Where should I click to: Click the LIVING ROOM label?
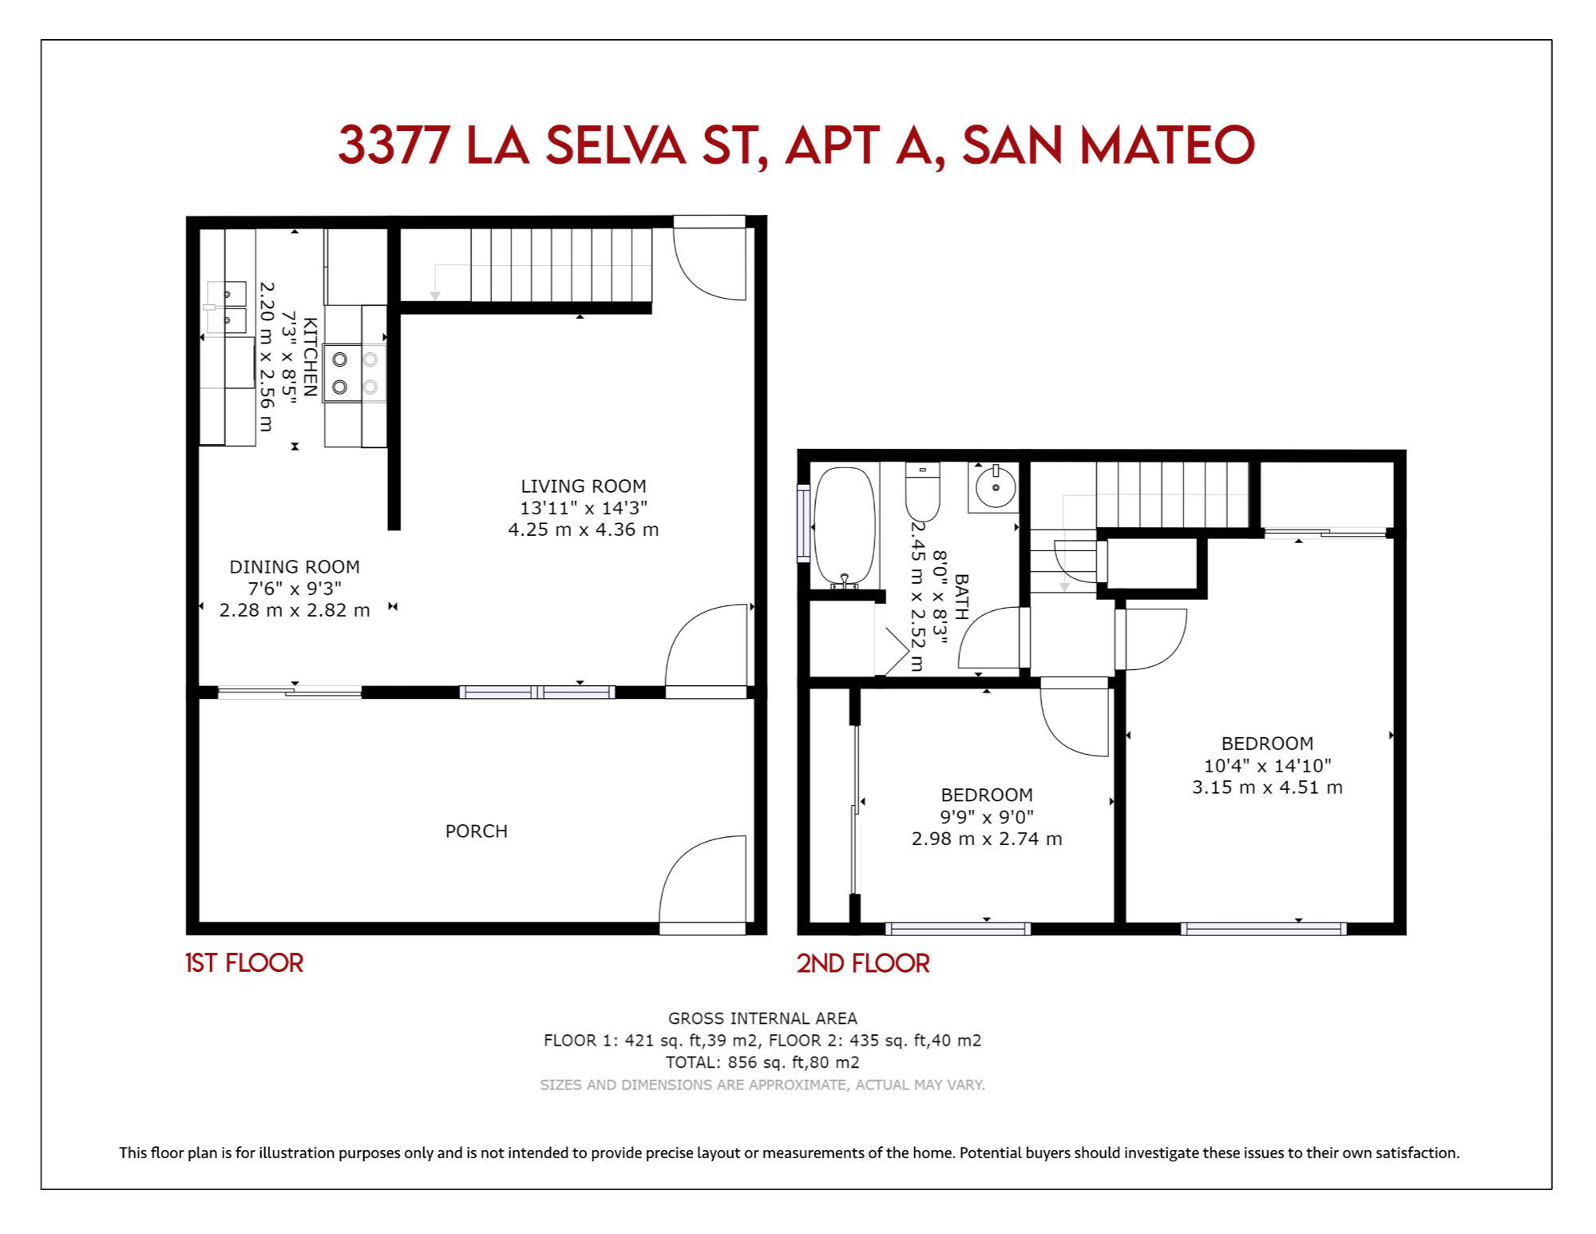click(x=583, y=486)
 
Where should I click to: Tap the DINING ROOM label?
click(x=295, y=566)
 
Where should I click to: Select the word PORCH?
click(x=476, y=831)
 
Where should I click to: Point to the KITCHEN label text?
click(x=311, y=356)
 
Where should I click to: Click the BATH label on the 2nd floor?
click(x=961, y=597)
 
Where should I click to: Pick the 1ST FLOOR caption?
click(x=244, y=962)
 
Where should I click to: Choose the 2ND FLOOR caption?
click(x=862, y=962)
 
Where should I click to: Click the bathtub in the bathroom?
click(x=844, y=527)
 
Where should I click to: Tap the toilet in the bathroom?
click(x=922, y=491)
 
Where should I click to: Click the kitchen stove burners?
click(x=354, y=373)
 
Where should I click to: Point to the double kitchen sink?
click(x=227, y=307)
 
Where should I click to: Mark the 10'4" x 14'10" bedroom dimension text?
click(x=1267, y=765)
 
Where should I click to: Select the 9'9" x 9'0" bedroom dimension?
click(x=987, y=816)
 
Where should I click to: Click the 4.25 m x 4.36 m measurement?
click(x=583, y=529)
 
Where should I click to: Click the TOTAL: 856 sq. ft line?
click(x=762, y=1061)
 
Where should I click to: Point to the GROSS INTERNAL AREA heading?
click(x=762, y=1018)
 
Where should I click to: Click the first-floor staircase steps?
click(x=561, y=265)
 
